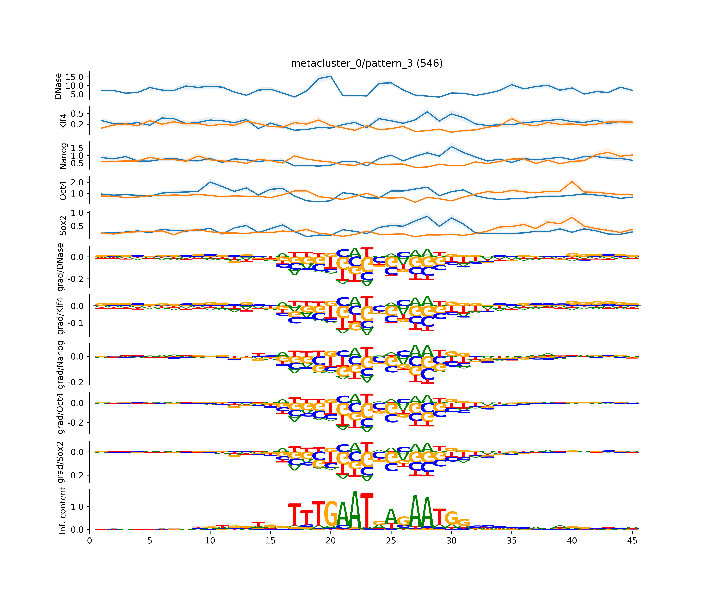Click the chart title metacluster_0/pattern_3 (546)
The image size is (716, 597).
pyautogui.click(x=367, y=63)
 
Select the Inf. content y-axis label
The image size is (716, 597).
pyautogui.click(x=62, y=510)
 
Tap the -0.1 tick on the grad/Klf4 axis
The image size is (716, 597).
pyautogui.click(x=76, y=323)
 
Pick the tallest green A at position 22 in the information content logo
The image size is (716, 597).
pyautogui.click(x=355, y=510)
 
